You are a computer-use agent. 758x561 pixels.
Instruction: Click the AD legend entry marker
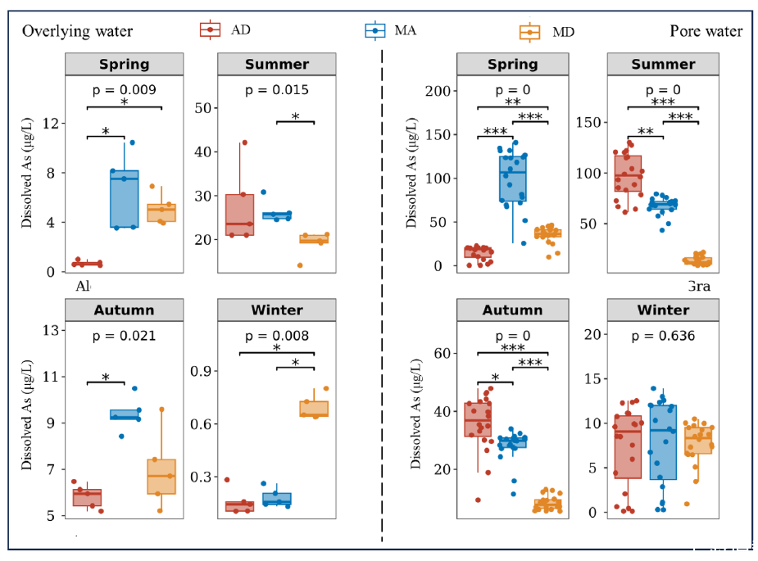pyautogui.click(x=211, y=29)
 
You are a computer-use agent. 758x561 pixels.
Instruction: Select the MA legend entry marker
pyautogui.click(x=375, y=29)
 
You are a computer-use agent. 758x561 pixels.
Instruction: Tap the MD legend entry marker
pyautogui.click(x=531, y=32)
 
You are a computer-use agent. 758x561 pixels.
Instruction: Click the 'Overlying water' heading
pyautogui.click(x=77, y=31)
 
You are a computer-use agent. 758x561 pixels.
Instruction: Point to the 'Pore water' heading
pyautogui.click(x=706, y=31)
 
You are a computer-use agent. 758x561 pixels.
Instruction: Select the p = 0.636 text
pyautogui.click(x=663, y=336)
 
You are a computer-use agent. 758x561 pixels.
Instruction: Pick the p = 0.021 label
pyautogui.click(x=124, y=336)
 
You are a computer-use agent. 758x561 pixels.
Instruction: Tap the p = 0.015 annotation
pyautogui.click(x=276, y=90)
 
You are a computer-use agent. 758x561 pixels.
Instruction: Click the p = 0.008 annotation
pyautogui.click(x=276, y=336)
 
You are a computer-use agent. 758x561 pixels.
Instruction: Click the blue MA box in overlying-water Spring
pyautogui.click(x=125, y=198)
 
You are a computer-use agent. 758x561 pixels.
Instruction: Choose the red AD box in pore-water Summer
pyautogui.click(x=629, y=173)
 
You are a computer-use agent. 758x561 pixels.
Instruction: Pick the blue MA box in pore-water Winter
pyautogui.click(x=662, y=442)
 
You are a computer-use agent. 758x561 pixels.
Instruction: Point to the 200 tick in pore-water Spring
pyautogui.click(x=438, y=90)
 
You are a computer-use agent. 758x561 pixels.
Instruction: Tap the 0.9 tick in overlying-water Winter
pyautogui.click(x=201, y=371)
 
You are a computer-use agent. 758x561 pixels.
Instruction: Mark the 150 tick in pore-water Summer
pyautogui.click(x=589, y=122)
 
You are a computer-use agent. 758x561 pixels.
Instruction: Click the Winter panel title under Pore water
pyautogui.click(x=663, y=310)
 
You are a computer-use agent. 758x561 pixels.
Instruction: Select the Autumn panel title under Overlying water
pyautogui.click(x=124, y=310)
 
